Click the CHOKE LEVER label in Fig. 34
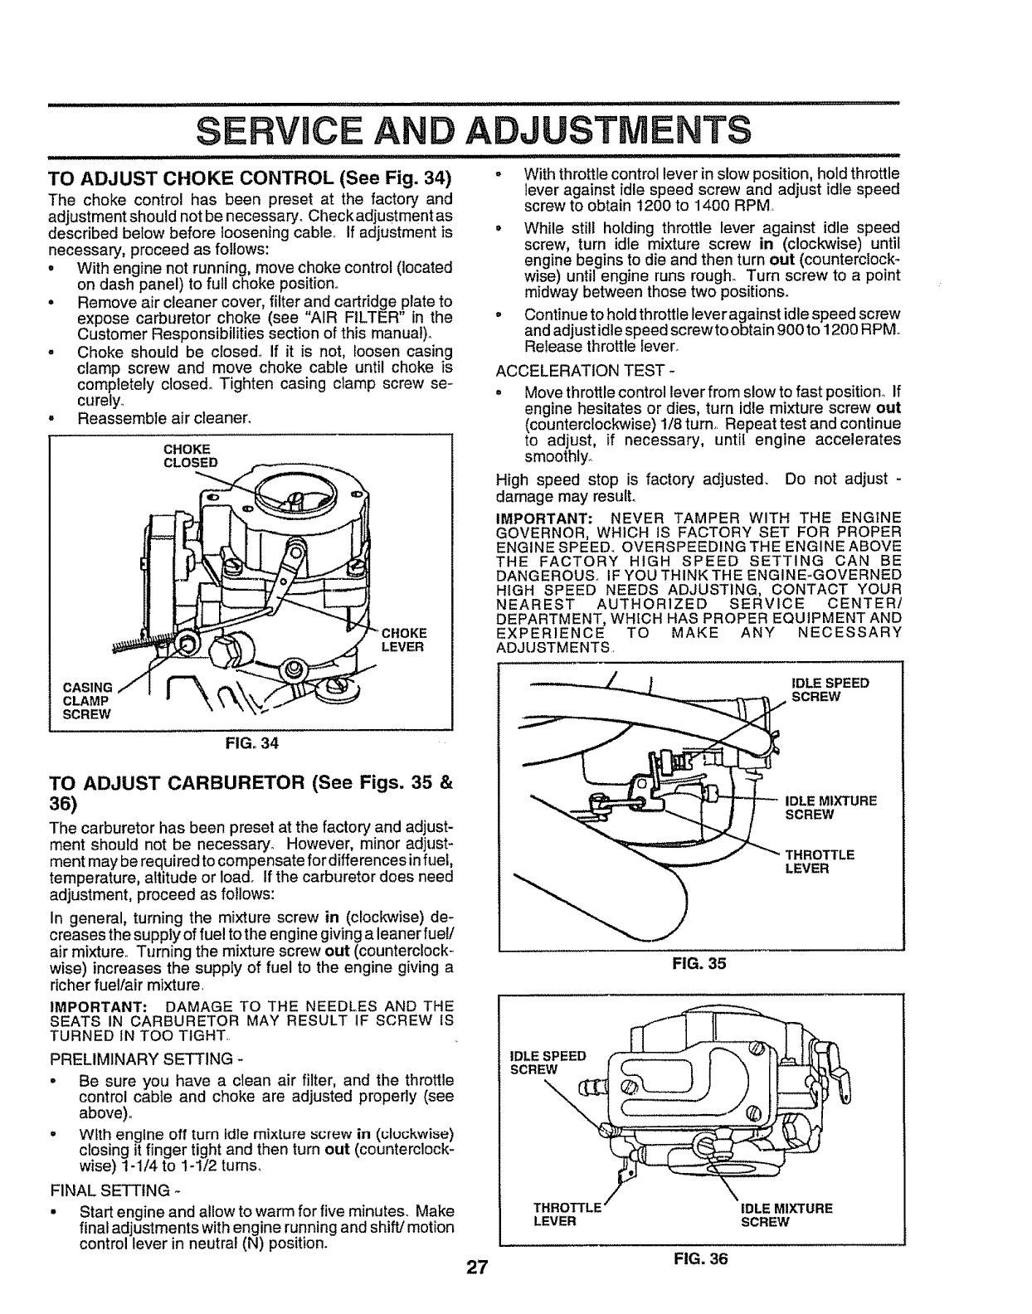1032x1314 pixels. tap(403, 640)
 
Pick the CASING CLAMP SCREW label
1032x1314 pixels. tap(87, 699)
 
